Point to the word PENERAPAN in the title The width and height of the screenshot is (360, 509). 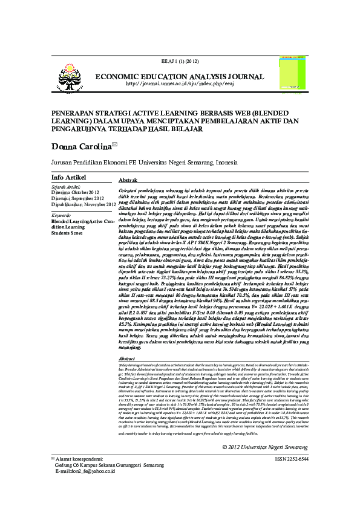75,113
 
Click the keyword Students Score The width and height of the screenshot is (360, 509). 67,233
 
